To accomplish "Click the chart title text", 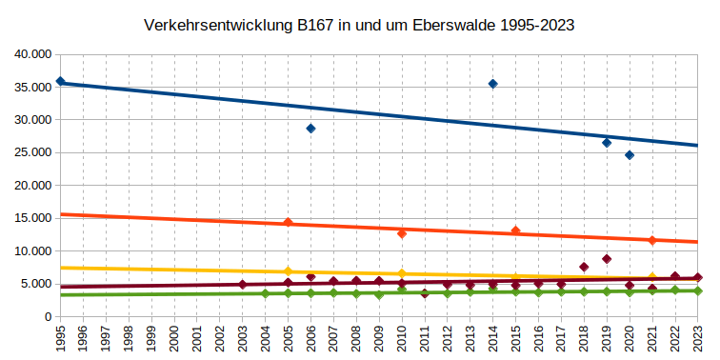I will pos(359,25).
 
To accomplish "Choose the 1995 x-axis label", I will pos(61,339).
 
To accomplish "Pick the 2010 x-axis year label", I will pos(402,339).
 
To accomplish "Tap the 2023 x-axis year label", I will pos(698,339).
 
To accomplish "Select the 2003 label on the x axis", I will pos(243,339).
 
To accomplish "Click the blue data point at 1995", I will pos(61,82).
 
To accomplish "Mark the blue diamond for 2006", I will pos(310,129).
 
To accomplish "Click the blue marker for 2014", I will pos(492,84).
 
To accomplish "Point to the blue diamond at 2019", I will pos(607,143).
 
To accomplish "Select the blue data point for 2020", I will pos(630,155).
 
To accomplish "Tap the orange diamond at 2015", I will pos(515,230).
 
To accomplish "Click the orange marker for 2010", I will pos(402,233).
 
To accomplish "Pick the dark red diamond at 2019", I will pos(607,259).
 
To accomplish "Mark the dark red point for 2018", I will pos(584,267).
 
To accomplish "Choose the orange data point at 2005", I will pos(288,223).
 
